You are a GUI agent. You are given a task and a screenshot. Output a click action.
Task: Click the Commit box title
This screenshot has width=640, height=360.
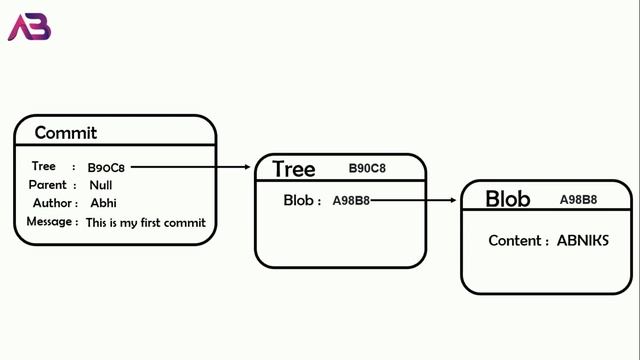[66, 133]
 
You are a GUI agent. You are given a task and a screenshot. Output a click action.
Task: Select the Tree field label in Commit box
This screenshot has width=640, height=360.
[44, 167]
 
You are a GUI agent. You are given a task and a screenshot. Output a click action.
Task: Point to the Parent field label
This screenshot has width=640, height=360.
[47, 185]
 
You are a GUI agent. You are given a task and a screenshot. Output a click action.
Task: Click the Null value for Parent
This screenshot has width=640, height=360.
[100, 186]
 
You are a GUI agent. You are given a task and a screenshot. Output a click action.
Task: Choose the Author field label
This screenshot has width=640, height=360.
[48, 204]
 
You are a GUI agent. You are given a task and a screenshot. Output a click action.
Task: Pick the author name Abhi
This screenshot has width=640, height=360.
[104, 204]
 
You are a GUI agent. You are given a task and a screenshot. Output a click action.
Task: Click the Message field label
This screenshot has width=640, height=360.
[49, 222]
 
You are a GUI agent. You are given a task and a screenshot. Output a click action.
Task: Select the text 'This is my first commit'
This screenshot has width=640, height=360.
[146, 223]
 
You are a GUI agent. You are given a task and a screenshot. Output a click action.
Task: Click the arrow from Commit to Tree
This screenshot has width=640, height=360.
[190, 168]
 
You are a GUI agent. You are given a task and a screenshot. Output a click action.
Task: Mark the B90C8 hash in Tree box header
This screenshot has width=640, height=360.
[366, 169]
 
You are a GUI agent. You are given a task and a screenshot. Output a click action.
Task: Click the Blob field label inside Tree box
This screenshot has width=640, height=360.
[300, 201]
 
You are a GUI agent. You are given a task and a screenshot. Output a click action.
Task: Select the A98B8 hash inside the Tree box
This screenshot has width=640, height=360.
[351, 201]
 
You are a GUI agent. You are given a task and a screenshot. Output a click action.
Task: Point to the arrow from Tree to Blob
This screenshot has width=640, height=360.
[414, 201]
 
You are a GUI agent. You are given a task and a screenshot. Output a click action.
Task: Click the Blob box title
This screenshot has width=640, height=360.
[507, 199]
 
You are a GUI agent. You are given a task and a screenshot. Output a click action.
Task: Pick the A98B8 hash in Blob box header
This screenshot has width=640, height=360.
[578, 199]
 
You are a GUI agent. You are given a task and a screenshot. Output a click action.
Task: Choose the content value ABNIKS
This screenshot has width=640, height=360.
[582, 241]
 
